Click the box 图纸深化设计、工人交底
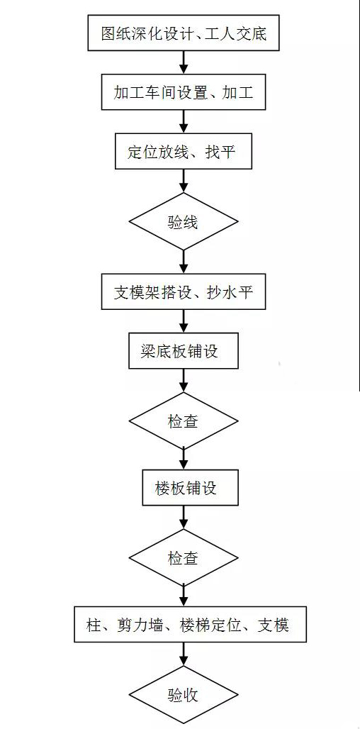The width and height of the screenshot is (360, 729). [184, 33]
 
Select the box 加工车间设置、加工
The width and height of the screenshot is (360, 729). [184, 92]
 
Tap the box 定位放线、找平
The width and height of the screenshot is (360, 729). [184, 152]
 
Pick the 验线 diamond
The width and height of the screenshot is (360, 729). [184, 221]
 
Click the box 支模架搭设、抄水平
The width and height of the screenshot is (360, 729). [184, 291]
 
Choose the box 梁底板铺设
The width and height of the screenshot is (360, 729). [184, 352]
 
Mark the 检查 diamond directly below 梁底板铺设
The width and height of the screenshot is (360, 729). [184, 421]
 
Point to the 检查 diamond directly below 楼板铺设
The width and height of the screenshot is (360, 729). [184, 558]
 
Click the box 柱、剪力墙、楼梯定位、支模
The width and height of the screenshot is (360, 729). [184, 625]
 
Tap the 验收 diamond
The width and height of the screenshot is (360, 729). [184, 694]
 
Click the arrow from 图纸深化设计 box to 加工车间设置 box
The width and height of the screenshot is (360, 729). [184, 62]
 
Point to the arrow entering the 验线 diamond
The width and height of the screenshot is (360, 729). [184, 181]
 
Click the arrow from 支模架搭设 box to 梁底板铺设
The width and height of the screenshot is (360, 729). [184, 321]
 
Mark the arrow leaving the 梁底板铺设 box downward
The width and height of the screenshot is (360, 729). [184, 382]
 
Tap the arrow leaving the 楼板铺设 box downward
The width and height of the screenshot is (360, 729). [184, 518]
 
